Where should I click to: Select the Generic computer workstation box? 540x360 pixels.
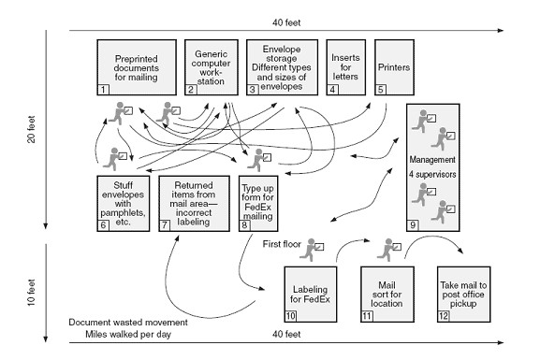click(211, 65)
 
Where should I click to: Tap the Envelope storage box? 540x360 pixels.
click(282, 65)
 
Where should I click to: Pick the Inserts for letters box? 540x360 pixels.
click(346, 65)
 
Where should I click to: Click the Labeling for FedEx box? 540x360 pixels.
click(316, 294)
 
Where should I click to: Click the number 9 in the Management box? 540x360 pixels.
click(414, 224)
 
